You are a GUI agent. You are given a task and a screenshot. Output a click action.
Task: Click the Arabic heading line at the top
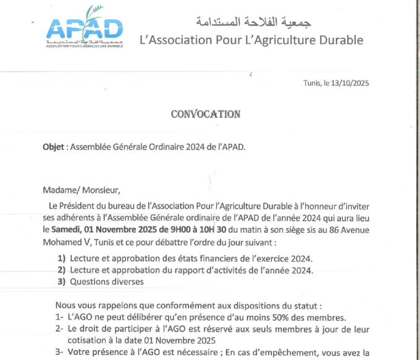point(253,22)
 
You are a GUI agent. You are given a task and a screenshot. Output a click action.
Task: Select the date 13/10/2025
point(349,83)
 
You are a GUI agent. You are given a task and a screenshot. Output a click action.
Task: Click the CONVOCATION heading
point(206,114)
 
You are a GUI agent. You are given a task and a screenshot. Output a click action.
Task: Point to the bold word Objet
point(54,147)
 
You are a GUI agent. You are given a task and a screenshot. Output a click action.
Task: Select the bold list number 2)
point(61,270)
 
